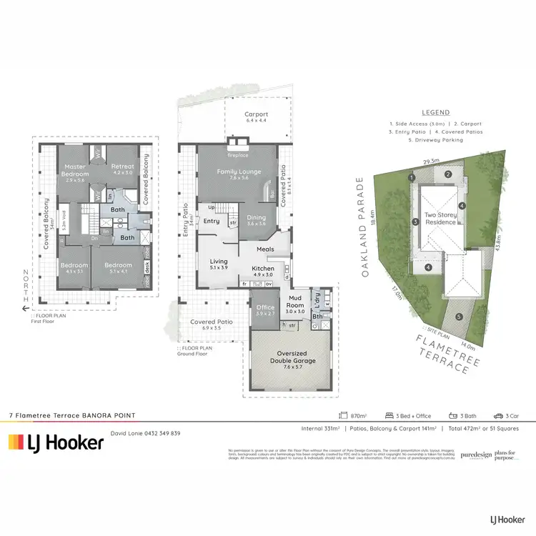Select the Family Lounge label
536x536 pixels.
(239, 172)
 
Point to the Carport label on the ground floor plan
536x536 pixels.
(256, 114)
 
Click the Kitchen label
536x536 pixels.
(263, 269)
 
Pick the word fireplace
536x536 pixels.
(237, 154)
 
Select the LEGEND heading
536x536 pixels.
(435, 112)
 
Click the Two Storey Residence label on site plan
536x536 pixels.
(441, 218)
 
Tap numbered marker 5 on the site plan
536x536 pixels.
(459, 317)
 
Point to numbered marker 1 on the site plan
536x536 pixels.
(412, 177)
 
